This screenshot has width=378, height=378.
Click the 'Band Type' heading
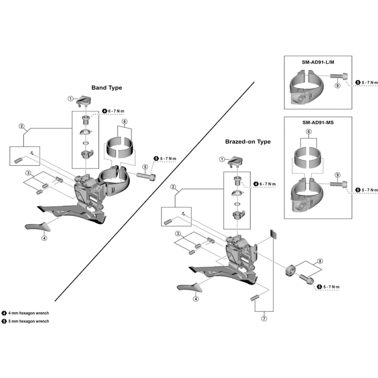tap(107, 88)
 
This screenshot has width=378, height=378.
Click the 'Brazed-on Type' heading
tap(248, 141)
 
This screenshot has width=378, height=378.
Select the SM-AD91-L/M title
tap(318, 62)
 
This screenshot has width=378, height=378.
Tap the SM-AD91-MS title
tap(318, 122)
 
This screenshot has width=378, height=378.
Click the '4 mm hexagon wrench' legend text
tap(28, 313)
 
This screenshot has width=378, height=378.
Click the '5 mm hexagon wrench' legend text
tap(28, 321)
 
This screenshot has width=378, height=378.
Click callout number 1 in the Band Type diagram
tap(70, 99)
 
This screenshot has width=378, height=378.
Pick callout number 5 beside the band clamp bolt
tap(145, 167)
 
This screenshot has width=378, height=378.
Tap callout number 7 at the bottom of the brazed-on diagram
tap(264, 318)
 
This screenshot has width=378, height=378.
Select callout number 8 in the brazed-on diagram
tap(320, 261)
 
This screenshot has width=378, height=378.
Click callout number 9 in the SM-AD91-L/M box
tap(338, 85)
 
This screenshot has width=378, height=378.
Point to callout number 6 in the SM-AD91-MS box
tap(308, 132)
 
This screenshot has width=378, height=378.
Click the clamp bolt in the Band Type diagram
tap(146, 177)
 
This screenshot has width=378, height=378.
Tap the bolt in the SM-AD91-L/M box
tap(339, 76)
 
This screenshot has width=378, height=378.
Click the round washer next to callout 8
tap(290, 271)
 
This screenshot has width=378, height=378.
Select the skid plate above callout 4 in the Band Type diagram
tap(38, 226)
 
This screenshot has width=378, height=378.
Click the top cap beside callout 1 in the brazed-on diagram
tap(235, 161)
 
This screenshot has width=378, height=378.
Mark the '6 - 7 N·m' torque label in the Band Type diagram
tap(116, 111)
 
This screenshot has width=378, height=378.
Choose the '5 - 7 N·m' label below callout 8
tap(331, 287)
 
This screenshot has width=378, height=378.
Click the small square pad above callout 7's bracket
tap(273, 234)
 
